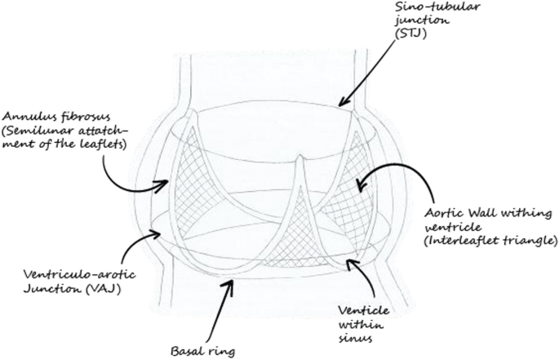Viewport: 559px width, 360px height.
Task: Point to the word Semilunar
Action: pos(38,131)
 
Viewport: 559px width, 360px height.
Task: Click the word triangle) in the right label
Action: pos(528,243)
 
